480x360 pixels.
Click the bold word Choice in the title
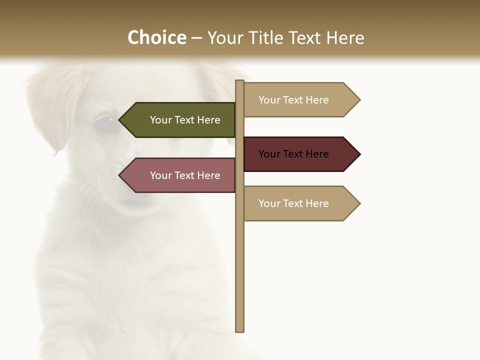156,37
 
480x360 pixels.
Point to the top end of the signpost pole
240,82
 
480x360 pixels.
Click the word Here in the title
345,37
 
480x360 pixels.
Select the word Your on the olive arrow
160,120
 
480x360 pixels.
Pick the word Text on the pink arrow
185,175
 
